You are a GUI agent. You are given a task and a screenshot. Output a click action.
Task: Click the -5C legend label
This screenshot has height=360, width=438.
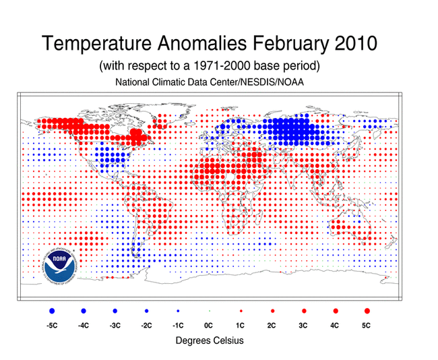click(x=52, y=326)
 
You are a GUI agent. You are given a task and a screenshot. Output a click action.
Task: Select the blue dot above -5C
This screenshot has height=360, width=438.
click(x=52, y=311)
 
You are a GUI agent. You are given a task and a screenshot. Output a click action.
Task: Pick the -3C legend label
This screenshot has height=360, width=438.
click(x=115, y=326)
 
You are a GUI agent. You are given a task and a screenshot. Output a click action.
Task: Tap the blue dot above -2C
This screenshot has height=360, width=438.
click(x=146, y=311)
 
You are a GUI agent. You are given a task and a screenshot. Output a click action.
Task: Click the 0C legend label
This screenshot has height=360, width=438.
click(x=209, y=326)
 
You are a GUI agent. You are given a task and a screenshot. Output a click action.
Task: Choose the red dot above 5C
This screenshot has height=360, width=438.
click(x=367, y=311)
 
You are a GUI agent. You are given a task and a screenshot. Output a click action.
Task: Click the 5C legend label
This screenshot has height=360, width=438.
click(x=367, y=326)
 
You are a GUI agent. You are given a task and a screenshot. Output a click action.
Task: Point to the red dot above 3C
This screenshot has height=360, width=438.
click(x=304, y=311)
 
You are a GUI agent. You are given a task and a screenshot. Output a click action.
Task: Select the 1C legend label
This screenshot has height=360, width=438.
click(x=241, y=326)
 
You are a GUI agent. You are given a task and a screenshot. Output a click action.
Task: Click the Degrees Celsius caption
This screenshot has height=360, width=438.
click(x=209, y=341)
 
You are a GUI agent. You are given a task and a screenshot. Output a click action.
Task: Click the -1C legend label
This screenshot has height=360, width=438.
click(x=177, y=326)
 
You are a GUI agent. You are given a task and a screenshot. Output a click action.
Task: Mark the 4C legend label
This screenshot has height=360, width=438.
click(x=336, y=326)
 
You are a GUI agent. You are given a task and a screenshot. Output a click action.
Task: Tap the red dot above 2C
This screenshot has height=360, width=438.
click(x=272, y=311)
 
